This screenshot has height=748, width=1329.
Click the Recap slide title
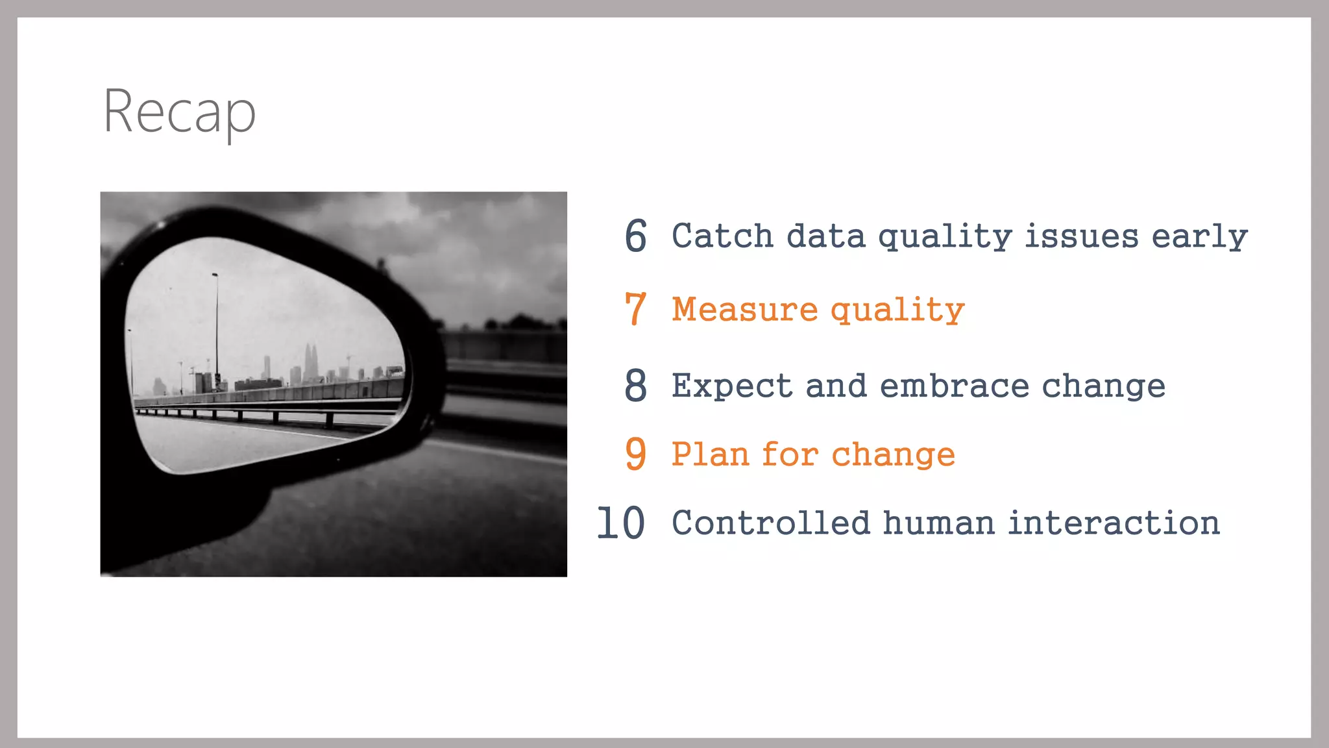point(180,112)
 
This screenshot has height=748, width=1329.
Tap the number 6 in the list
point(635,236)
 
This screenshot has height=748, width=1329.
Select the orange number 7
point(635,309)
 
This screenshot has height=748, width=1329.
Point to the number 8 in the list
point(635,385)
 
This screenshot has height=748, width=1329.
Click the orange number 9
point(635,453)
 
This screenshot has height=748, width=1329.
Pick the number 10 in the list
point(620,523)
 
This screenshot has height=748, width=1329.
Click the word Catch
point(722,236)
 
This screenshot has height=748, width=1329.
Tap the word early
point(1199,237)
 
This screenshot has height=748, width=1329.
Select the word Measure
point(744,309)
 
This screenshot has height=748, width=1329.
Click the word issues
point(1081,236)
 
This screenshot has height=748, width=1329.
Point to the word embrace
point(954,386)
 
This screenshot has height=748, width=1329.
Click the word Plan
point(710,454)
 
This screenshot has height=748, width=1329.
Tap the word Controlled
point(770,523)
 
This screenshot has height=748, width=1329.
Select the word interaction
point(1114,523)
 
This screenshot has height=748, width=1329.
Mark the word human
point(938,523)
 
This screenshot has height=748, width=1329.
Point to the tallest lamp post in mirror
point(216,325)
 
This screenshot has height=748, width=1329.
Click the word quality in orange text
point(897,310)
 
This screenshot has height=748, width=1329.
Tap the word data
point(825,236)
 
